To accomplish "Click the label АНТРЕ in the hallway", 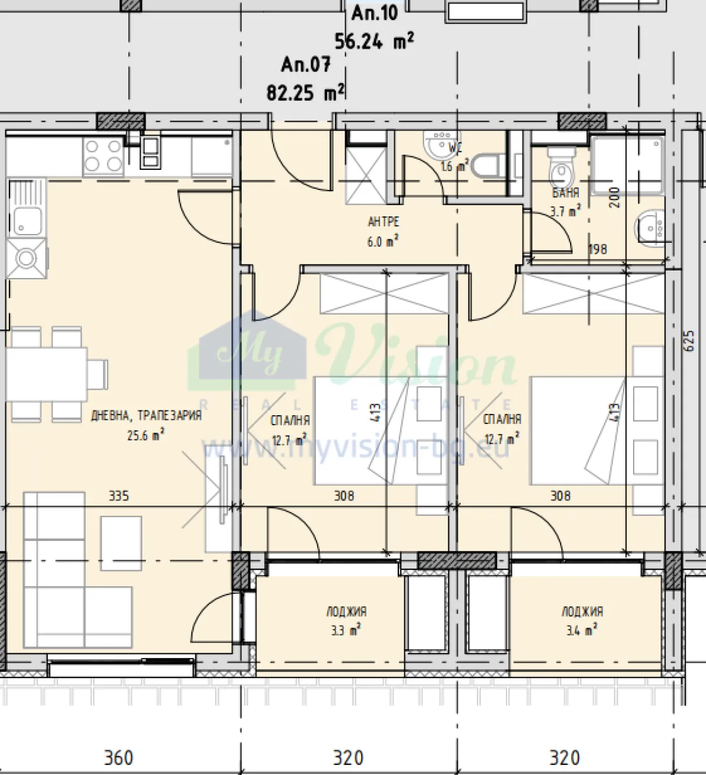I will tap(383, 222).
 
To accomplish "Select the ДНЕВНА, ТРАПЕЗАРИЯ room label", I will tap(146, 416).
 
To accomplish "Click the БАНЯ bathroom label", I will tap(565, 192).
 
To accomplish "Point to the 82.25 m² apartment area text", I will tap(305, 92).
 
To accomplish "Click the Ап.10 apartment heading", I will tap(375, 12).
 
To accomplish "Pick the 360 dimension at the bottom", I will tap(118, 758).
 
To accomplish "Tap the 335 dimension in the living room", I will tap(119, 496).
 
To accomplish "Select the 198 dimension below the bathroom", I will tap(598, 249).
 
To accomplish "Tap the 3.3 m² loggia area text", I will tap(345, 631).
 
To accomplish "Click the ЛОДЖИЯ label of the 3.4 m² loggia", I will tap(582, 612).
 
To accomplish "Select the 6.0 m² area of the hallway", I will tap(383, 242).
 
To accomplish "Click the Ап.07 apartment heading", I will tap(305, 64).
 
